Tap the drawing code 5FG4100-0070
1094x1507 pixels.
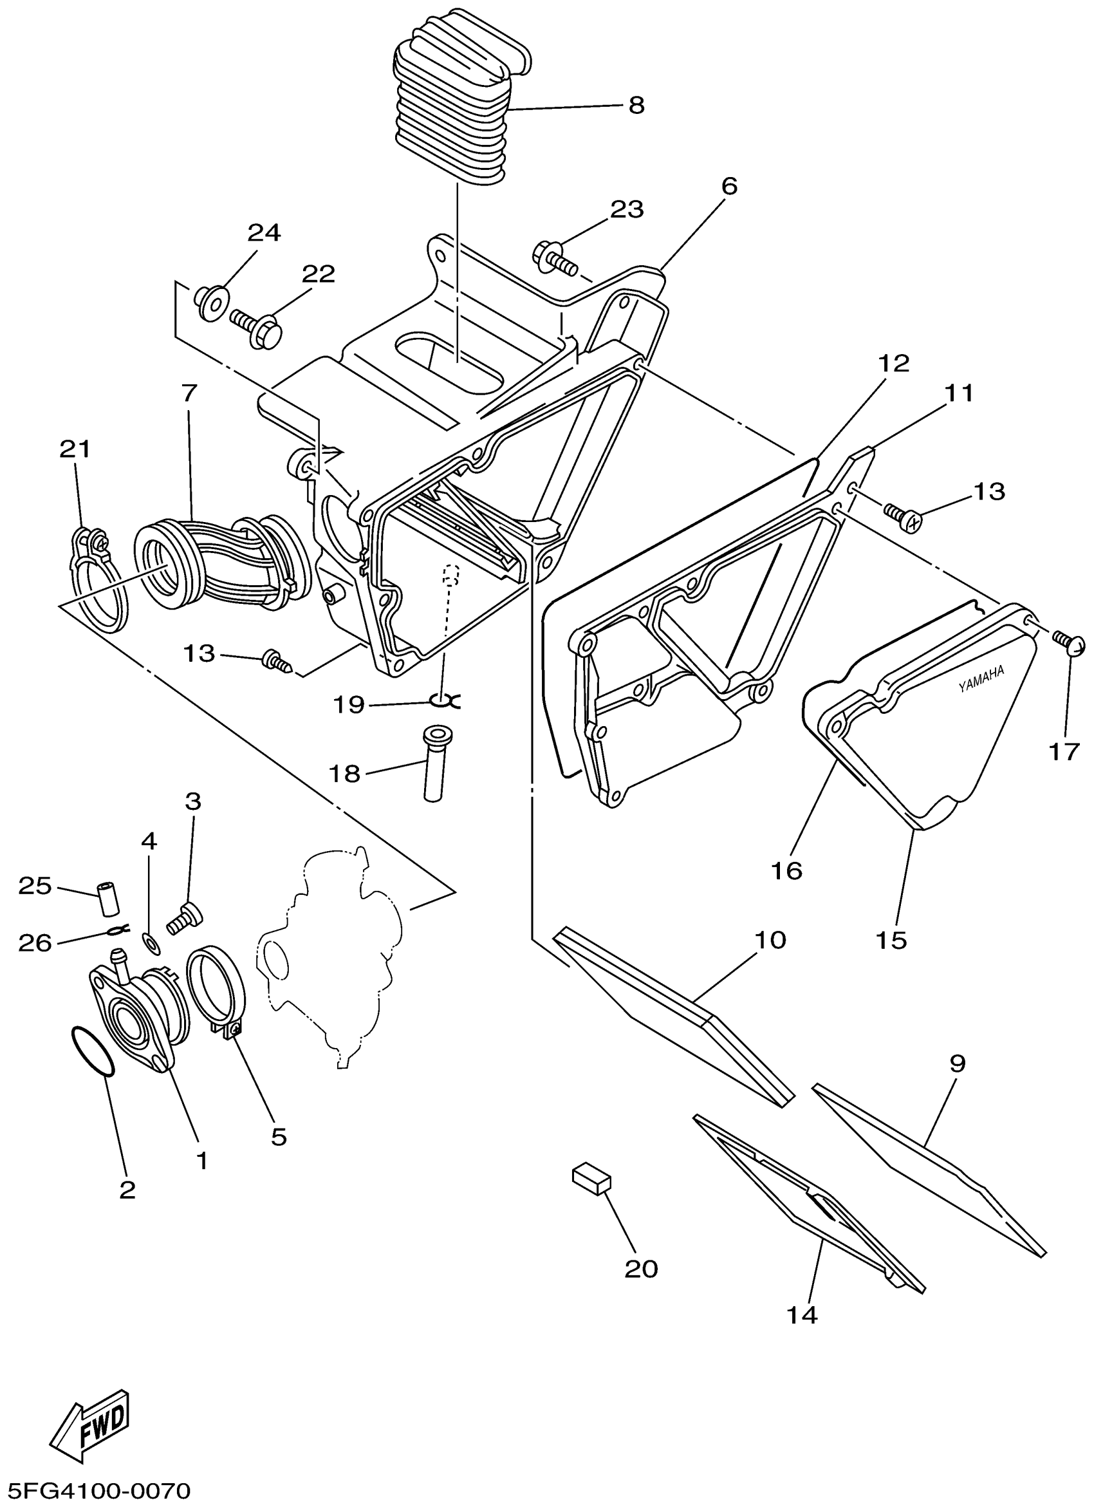[97, 1492]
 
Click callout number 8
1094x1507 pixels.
[636, 105]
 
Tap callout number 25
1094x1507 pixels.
[35, 886]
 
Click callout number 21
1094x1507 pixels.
[75, 449]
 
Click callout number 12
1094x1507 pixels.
[893, 364]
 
